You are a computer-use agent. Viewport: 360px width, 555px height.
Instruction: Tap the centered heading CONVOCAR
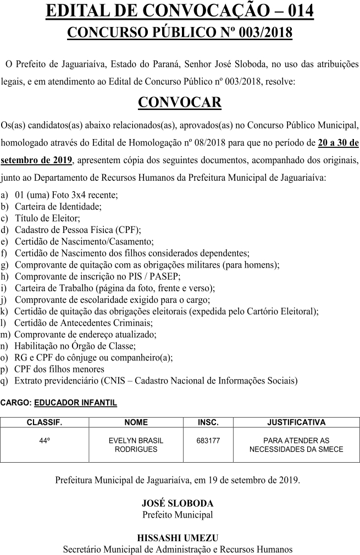click(180, 102)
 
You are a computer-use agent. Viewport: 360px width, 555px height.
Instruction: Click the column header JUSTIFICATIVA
click(296, 423)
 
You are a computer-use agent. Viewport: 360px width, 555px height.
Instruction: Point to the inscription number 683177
click(208, 441)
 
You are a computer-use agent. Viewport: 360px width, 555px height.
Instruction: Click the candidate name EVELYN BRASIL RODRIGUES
click(136, 445)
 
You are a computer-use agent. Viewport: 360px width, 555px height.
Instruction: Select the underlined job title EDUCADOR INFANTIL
click(75, 403)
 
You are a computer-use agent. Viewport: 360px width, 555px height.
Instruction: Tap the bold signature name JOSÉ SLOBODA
click(178, 503)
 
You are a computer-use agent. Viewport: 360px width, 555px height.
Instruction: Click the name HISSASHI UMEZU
click(178, 538)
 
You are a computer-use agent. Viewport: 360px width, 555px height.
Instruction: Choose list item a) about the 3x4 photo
click(67, 196)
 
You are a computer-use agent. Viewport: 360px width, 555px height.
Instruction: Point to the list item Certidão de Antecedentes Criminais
click(84, 323)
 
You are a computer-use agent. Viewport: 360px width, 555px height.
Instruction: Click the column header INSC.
click(208, 423)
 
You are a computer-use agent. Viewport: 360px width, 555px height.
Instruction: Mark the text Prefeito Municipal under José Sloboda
click(178, 515)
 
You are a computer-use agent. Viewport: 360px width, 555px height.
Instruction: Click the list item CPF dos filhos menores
click(59, 369)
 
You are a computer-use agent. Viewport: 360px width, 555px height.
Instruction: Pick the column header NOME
click(136, 423)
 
